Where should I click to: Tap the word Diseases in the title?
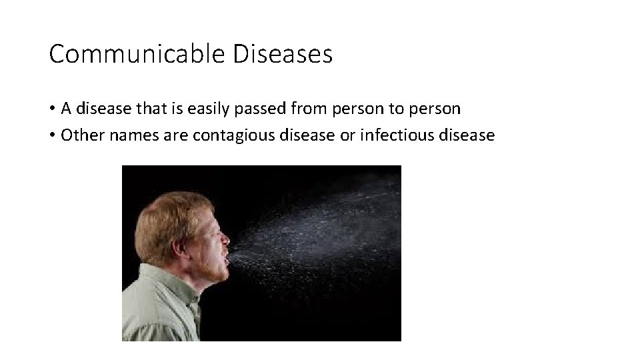point(283,54)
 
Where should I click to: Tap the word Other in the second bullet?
point(79,135)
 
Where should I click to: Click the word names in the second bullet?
point(125,135)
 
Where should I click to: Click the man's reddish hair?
point(167,213)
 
